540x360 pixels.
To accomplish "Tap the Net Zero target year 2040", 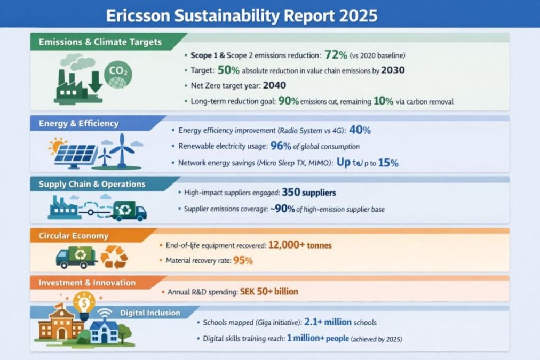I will point(274,85).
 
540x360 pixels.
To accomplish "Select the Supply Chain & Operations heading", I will point(92,184).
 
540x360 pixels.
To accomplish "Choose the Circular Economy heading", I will point(74,236).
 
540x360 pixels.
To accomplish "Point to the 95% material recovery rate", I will point(242,260).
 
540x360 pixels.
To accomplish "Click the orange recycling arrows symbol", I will point(114,257).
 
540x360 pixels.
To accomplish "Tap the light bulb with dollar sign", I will point(84,303).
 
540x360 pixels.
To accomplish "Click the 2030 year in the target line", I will point(396,70).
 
